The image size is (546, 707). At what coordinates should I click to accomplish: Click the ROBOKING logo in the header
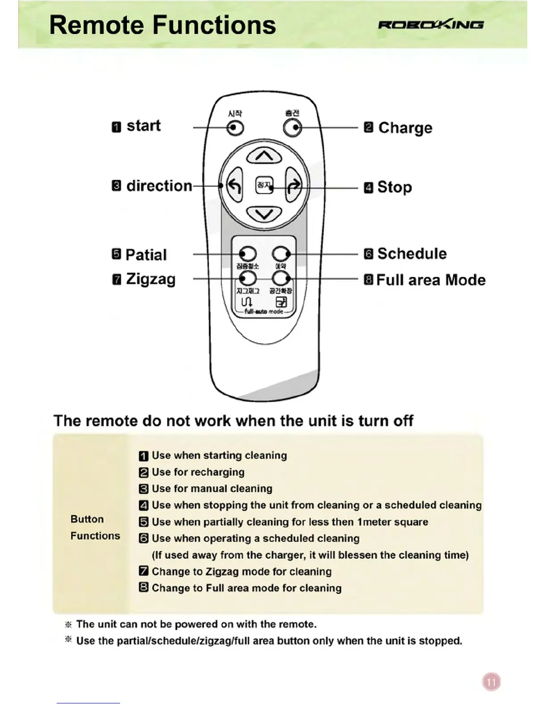pyautogui.click(x=430, y=25)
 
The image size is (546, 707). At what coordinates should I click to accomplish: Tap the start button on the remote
pyautogui.click(x=235, y=128)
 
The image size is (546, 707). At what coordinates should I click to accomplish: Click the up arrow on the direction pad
pyautogui.click(x=264, y=156)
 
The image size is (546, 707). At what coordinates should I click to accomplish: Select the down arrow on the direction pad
pyautogui.click(x=264, y=214)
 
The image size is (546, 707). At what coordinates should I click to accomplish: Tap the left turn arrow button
pyautogui.click(x=235, y=185)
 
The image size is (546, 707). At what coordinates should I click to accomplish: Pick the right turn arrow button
pyautogui.click(x=294, y=185)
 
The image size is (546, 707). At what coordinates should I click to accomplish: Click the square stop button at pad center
pyautogui.click(x=264, y=185)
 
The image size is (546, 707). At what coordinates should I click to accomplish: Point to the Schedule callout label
pyautogui.click(x=412, y=254)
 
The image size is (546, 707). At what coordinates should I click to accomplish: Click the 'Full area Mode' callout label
pyautogui.click(x=431, y=280)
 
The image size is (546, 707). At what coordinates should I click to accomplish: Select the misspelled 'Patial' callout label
pyautogui.click(x=146, y=255)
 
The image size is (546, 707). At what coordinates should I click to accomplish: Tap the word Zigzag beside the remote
pyautogui.click(x=151, y=279)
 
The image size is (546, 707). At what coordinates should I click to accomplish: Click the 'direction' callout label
pyautogui.click(x=159, y=186)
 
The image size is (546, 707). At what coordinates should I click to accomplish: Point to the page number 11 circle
pyautogui.click(x=491, y=682)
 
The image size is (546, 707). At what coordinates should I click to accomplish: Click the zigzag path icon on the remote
pyautogui.click(x=247, y=302)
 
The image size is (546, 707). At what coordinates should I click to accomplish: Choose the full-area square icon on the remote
pyautogui.click(x=281, y=302)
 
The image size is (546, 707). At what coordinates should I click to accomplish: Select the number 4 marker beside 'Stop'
pyautogui.click(x=368, y=187)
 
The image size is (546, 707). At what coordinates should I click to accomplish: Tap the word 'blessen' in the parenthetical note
pyautogui.click(x=357, y=555)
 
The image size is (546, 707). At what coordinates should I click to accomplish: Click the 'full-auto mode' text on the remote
pyautogui.click(x=264, y=312)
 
